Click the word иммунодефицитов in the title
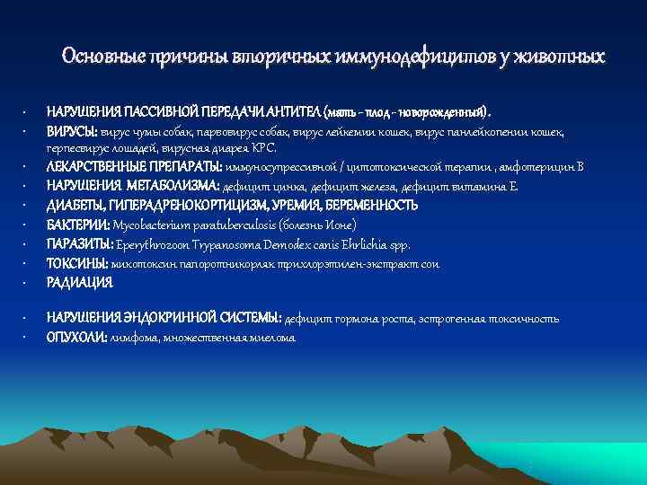coord(392,57)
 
